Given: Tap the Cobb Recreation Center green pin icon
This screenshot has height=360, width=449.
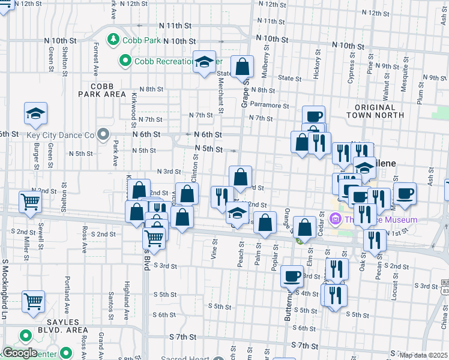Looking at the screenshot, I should click(x=125, y=61).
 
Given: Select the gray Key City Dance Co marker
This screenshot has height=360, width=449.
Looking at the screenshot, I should click(x=103, y=134).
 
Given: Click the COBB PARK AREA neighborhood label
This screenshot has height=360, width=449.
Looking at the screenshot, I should click(x=101, y=90).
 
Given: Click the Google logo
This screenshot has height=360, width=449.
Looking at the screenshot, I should click(x=19, y=353).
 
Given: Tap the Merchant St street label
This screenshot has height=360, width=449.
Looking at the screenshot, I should click(x=220, y=97).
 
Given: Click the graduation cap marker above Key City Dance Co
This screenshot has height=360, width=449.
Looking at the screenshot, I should click(x=36, y=113).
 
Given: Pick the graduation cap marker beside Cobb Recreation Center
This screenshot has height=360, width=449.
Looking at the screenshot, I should click(x=204, y=61).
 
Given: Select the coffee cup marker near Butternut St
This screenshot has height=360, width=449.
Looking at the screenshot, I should click(x=292, y=276).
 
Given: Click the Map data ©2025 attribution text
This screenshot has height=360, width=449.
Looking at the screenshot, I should click(x=423, y=355).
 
